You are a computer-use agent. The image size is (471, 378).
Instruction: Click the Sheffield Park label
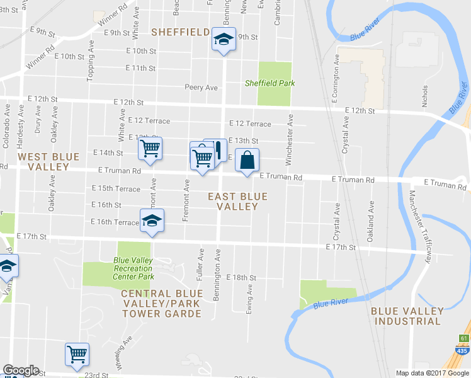tap(270, 83)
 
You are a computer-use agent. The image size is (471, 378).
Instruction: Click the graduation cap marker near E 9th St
tap(223, 40)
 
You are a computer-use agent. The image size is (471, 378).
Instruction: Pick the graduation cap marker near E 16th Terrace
tap(151, 221)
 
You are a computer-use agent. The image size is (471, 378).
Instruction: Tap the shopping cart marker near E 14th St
tap(150, 150)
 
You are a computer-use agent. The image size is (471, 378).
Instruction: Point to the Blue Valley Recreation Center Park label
tap(133, 268)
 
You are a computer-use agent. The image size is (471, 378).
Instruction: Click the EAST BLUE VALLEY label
tap(238, 202)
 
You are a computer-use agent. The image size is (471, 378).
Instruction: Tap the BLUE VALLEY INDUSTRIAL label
tap(406, 316)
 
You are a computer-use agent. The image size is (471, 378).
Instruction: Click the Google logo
tap(21, 370)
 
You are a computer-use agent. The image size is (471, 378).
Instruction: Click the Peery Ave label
tap(201, 87)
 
